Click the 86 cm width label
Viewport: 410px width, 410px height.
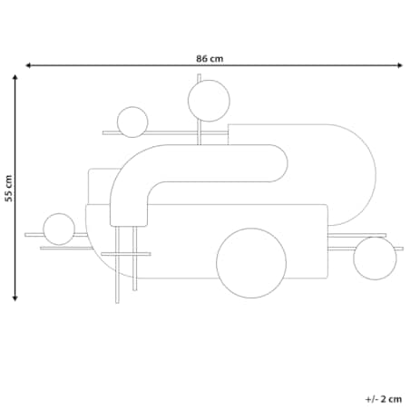(210, 58)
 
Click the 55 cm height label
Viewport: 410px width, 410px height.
(9, 188)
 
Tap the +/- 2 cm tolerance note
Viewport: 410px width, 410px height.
(384, 399)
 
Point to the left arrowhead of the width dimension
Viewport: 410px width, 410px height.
(28, 65)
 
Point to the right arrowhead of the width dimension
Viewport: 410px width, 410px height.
(400, 65)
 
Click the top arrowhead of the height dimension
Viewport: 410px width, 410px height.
(15, 77)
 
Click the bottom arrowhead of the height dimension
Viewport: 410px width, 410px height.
(15, 298)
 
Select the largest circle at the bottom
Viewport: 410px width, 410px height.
(251, 263)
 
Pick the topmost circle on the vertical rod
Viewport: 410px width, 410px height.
(209, 101)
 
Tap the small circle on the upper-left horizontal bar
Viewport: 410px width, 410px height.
(132, 122)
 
